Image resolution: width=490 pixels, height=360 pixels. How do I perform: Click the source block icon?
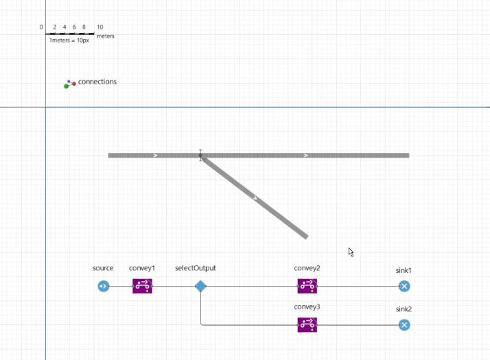pos(104,286)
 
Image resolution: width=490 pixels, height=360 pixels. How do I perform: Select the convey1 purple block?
pos(143,286)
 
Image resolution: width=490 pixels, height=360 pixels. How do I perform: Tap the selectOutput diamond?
pos(200,286)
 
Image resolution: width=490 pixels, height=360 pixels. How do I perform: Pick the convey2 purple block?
pos(307,286)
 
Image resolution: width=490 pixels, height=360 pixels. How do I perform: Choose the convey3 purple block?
pos(307,325)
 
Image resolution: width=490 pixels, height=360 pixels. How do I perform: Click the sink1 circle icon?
pos(404,286)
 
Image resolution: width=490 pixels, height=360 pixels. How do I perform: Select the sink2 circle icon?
pos(404,325)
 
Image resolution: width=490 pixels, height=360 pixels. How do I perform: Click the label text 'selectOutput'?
pos(196,268)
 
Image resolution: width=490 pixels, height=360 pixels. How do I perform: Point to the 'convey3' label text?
pos(307,307)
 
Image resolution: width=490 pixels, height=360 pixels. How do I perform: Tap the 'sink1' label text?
pos(404,270)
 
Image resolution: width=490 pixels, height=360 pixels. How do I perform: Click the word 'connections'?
pos(97,82)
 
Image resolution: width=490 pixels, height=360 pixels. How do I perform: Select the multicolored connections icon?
pos(70,84)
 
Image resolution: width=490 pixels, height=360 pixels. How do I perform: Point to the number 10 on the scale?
pos(100,27)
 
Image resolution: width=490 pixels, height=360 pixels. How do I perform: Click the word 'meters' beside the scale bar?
pos(106,36)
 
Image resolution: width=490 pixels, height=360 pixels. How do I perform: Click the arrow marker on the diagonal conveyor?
pos(255,198)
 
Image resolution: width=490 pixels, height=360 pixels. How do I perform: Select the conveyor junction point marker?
pos(200,155)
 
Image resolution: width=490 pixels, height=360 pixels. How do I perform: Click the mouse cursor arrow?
pos(351,252)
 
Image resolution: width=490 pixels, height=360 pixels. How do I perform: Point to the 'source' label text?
pos(103,268)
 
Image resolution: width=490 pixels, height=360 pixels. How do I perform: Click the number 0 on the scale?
pos(41,27)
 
